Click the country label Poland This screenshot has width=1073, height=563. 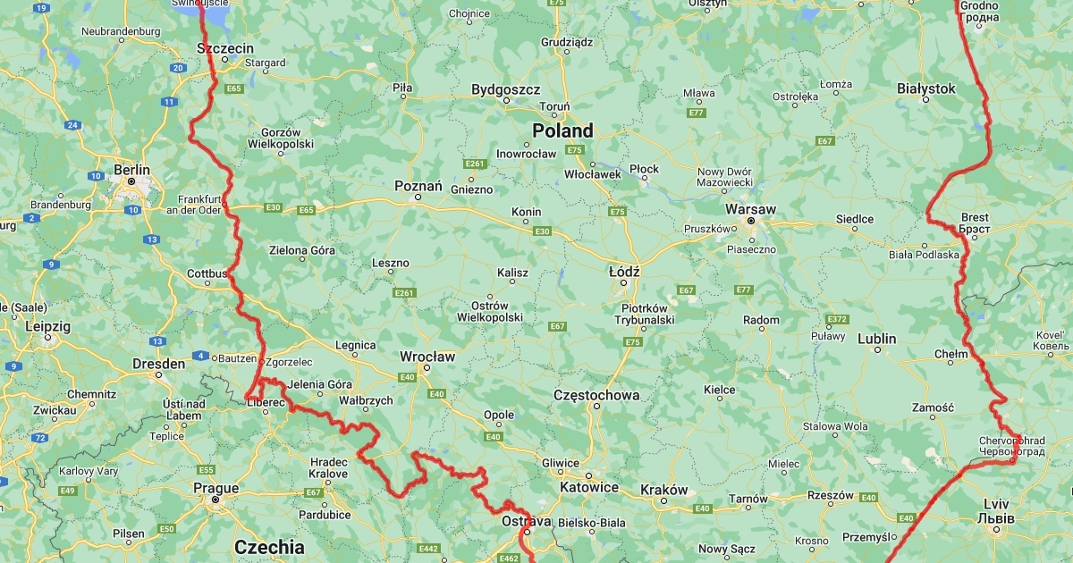[562, 130]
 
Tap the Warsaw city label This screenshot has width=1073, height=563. [750, 208]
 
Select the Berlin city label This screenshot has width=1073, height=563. [131, 169]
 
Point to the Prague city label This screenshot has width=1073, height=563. [215, 488]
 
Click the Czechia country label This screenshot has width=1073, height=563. [269, 546]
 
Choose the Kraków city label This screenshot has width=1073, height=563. [664, 490]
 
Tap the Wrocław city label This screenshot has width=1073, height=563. [427, 356]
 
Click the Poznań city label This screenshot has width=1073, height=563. [418, 186]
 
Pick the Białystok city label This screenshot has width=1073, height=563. [926, 88]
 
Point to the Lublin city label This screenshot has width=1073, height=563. [876, 339]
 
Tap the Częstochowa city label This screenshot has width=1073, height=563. [596, 394]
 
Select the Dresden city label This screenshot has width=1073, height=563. [158, 364]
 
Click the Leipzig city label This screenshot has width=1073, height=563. [47, 327]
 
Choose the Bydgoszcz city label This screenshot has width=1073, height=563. [506, 89]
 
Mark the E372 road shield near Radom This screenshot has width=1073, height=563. [837, 319]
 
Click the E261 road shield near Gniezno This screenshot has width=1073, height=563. [475, 164]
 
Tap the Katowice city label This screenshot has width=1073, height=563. [588, 487]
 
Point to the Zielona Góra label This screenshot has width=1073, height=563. [302, 250]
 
